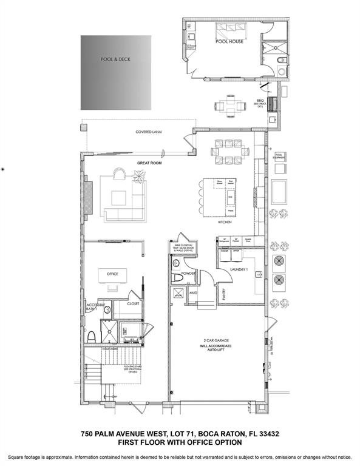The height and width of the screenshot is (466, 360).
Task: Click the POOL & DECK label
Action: coord(115,59)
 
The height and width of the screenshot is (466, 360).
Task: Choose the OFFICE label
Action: coord(112,274)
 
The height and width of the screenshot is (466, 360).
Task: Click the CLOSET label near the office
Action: coord(133,303)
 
